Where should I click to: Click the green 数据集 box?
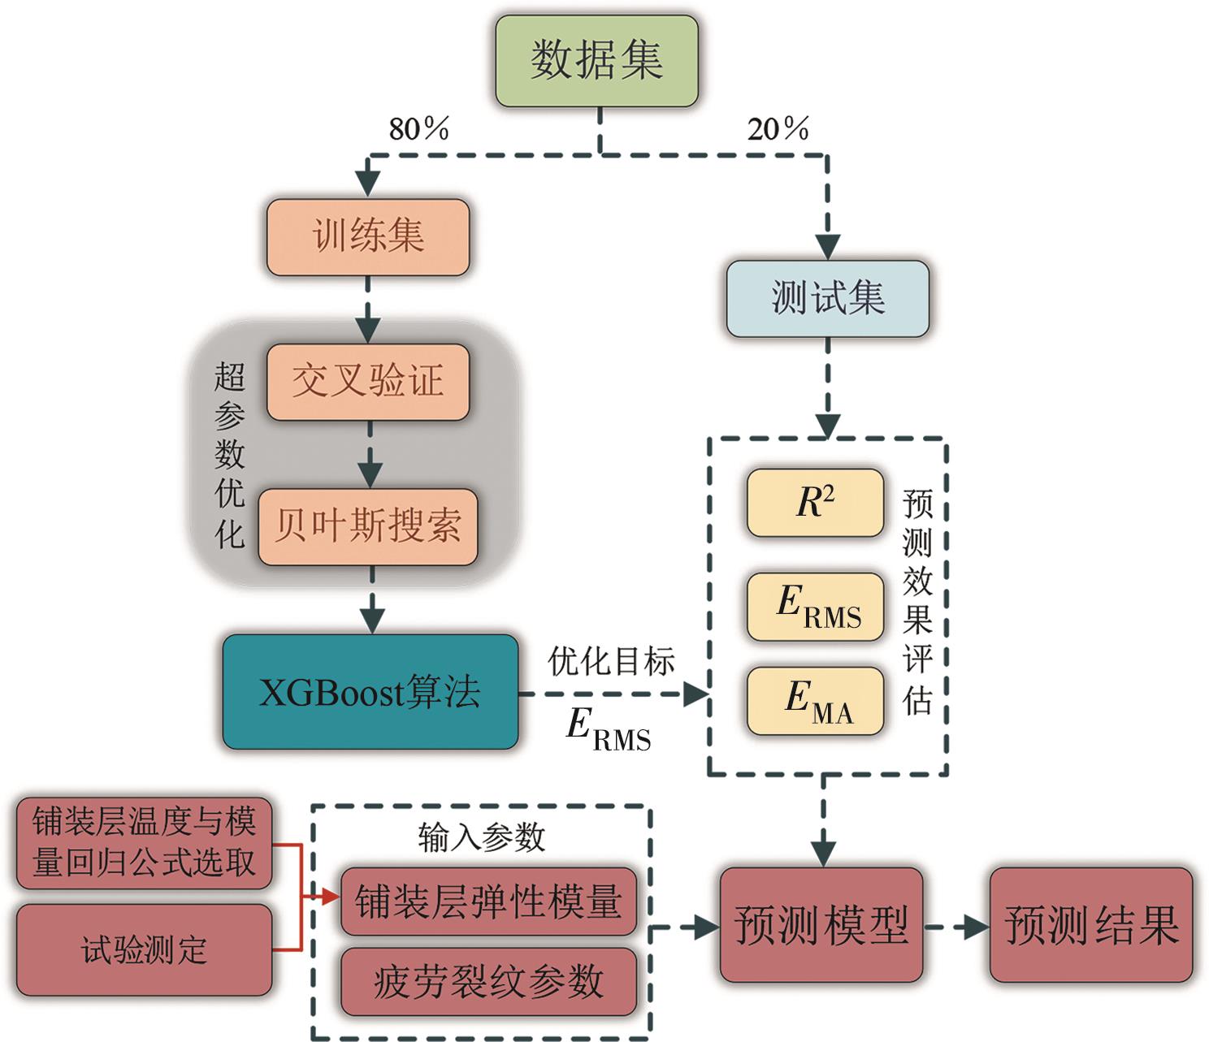pos(596,61)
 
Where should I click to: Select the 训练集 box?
pos(368,237)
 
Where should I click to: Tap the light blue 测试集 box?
pos(827,298)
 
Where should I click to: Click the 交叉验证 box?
pos(368,382)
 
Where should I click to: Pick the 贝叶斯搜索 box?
pos(368,526)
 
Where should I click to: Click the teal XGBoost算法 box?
pos(370,692)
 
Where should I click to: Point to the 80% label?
pos(418,128)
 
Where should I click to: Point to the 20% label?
pos(778,128)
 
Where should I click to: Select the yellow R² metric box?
pos(815,503)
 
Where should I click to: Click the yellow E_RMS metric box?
pos(815,607)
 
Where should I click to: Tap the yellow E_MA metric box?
pos(815,701)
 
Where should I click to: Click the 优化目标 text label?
pos(611,661)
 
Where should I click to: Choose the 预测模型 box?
pos(821,924)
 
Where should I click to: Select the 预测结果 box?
pos(1091,924)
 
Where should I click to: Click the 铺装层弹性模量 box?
pos(488,901)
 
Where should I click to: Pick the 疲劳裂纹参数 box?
pos(488,981)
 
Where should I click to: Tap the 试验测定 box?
pos(144,949)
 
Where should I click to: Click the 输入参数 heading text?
pos(481,837)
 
